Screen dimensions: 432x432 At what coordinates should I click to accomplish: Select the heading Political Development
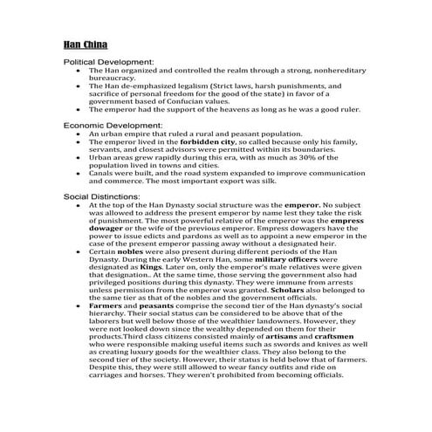(x=109, y=63)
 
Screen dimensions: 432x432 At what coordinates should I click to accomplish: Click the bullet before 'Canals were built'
(x=79, y=173)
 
